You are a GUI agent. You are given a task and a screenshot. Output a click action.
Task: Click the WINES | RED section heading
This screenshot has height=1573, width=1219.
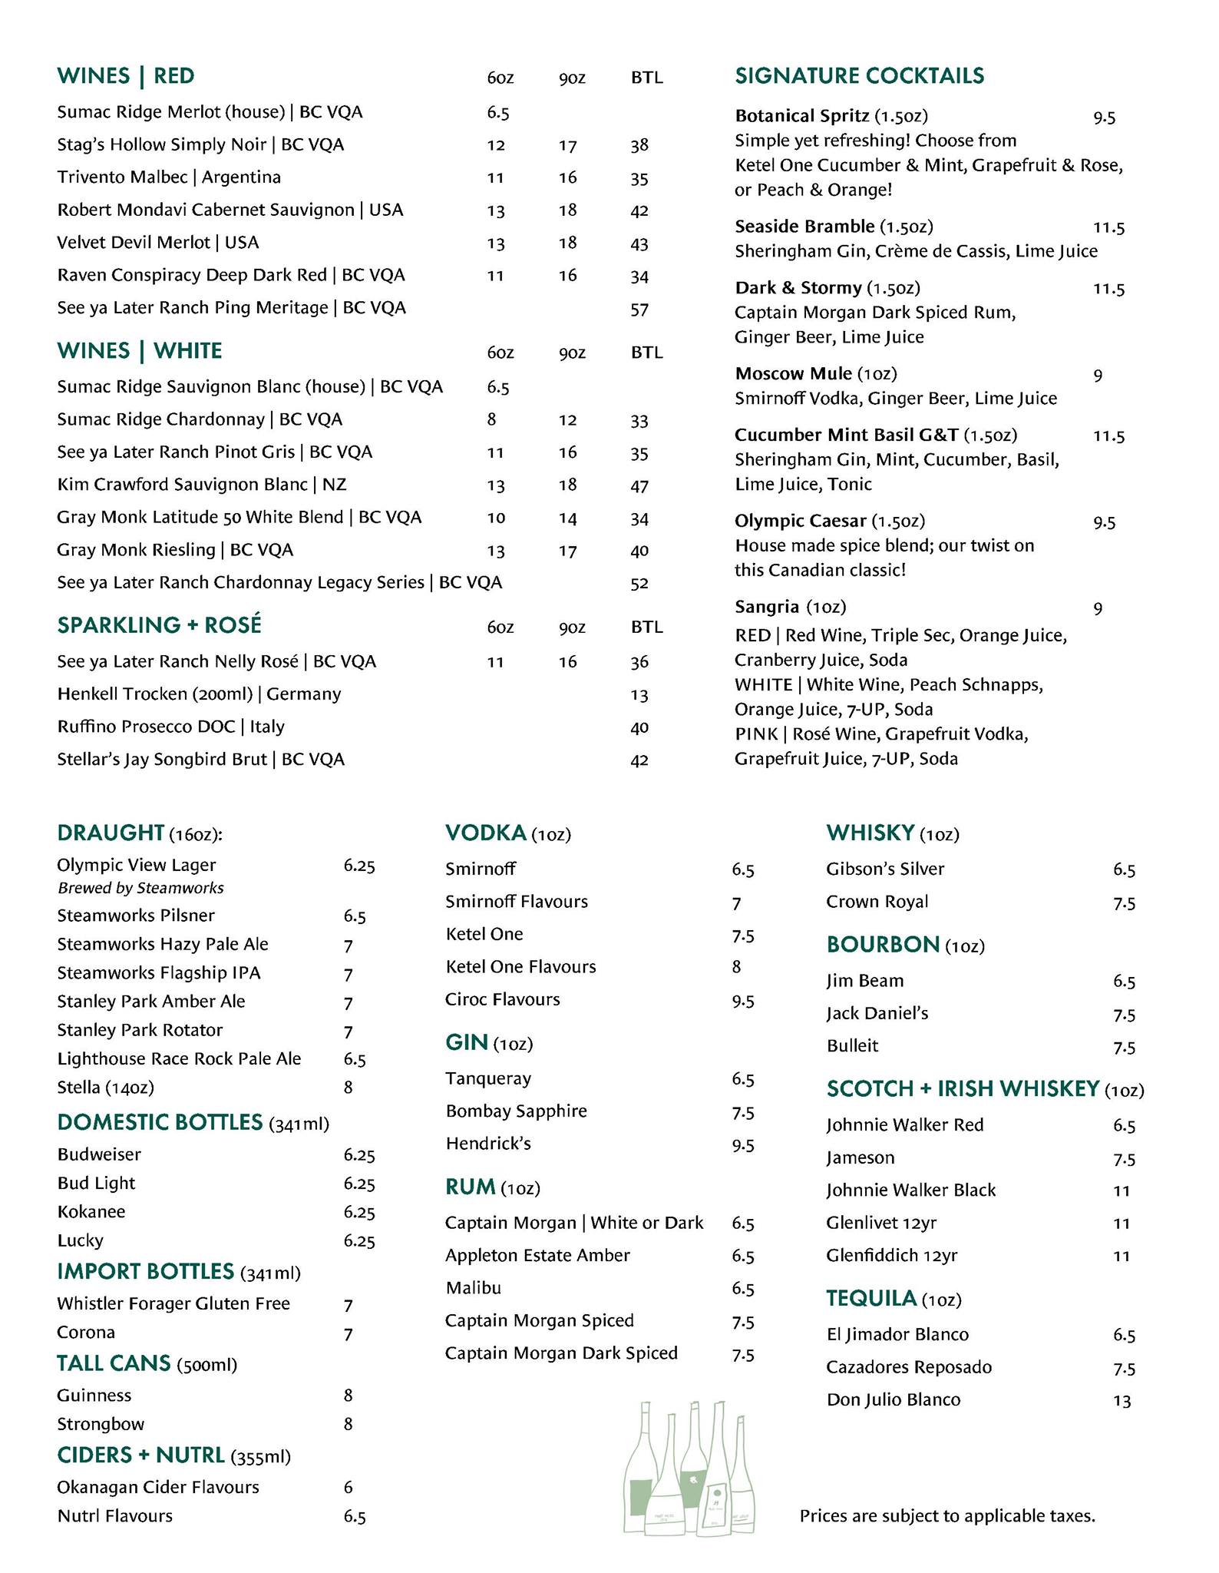126,76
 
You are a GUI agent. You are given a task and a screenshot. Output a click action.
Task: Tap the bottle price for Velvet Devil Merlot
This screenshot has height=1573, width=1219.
639,243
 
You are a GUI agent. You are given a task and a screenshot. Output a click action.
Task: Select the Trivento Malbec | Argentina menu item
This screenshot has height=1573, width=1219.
169,177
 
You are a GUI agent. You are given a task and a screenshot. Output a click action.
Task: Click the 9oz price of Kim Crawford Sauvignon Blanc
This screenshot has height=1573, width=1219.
567,485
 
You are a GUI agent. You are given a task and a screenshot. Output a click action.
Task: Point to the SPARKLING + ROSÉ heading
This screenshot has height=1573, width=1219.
159,625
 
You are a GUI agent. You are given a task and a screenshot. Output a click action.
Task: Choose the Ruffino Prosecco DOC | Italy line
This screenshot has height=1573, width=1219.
170,727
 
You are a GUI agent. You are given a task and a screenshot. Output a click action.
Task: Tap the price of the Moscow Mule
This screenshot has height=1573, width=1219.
1098,376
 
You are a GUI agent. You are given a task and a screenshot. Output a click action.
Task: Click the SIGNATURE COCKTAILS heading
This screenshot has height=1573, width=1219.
859,76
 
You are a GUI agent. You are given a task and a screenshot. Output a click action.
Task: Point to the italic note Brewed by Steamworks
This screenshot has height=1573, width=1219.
140,888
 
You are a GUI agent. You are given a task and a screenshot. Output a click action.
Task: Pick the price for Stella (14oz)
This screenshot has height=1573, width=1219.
348,1088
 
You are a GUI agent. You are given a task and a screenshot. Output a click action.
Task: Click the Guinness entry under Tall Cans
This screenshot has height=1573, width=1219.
94,1396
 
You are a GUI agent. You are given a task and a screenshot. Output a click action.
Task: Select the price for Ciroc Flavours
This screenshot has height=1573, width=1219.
742,1001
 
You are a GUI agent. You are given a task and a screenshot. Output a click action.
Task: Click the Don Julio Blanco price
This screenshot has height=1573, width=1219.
1122,1401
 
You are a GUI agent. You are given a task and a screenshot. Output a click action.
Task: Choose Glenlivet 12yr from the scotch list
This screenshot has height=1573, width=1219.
881,1223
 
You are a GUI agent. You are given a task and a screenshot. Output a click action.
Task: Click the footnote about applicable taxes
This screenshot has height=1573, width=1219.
947,1516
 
